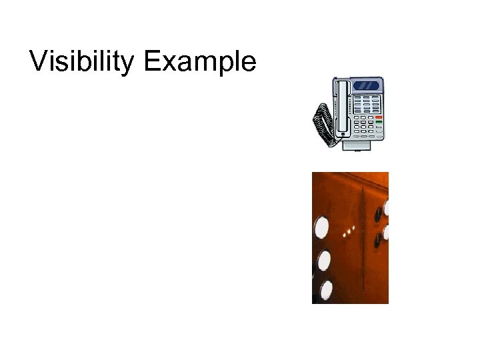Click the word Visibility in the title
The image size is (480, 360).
(83, 61)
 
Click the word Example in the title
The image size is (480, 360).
(199, 62)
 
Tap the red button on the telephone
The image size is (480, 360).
(379, 115)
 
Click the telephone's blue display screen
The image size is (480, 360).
(368, 85)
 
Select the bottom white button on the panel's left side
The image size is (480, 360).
(326, 289)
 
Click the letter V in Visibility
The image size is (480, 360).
(39, 61)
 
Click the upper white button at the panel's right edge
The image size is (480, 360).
(385, 208)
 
